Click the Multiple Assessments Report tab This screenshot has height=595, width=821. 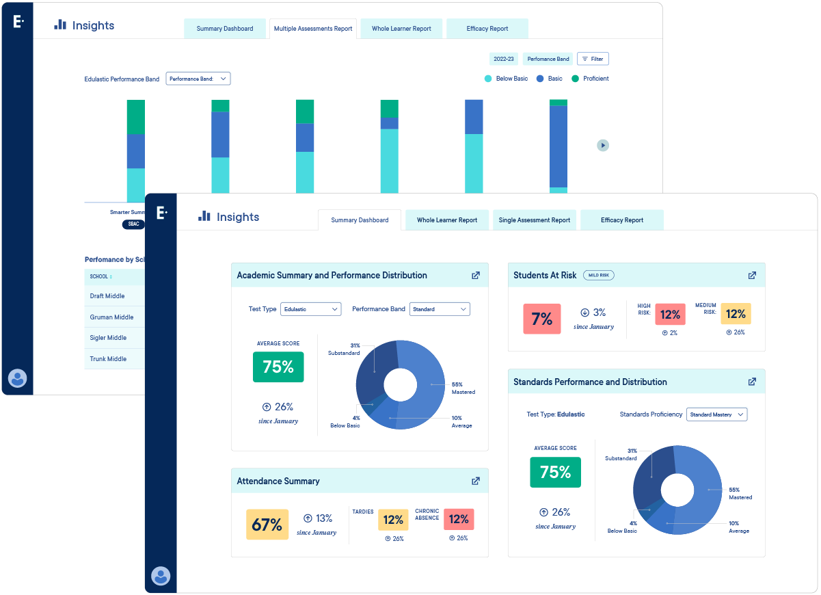313,29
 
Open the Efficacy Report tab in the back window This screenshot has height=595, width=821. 487,29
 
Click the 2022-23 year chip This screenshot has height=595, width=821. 504,59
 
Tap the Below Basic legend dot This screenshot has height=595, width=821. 488,79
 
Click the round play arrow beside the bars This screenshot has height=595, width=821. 602,145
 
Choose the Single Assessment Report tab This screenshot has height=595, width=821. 535,220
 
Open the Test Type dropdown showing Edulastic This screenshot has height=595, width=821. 310,309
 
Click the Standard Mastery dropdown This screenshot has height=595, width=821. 716,414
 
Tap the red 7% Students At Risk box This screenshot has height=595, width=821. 542,319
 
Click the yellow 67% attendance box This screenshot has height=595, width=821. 267,525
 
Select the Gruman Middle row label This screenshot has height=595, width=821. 111,317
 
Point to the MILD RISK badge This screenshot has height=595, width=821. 599,275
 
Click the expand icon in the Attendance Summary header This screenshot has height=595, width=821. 476,481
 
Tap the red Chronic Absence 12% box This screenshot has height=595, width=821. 459,520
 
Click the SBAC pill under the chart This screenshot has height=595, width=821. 133,224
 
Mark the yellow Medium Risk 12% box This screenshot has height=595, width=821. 736,314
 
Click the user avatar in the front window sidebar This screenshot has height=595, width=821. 161,576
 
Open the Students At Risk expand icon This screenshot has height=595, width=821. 752,275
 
